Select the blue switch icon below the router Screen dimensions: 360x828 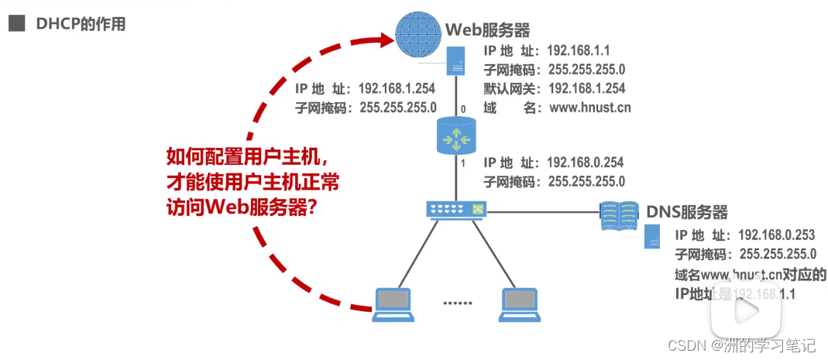point(455,209)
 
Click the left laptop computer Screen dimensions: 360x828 point(393,302)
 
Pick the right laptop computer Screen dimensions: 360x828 point(519,302)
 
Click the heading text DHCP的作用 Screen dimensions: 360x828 point(81,24)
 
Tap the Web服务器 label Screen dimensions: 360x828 point(487,30)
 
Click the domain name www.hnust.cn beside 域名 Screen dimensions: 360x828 point(590,108)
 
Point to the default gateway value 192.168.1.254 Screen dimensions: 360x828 point(586,88)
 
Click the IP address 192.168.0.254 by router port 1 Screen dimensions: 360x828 point(585,163)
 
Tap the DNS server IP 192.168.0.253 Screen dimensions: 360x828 point(777,234)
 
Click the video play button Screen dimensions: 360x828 point(747,312)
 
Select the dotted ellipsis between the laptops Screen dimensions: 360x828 point(457,302)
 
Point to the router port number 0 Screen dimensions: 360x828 point(463,109)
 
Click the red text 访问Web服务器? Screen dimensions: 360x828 point(242,207)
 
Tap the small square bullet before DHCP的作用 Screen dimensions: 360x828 point(15,24)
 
